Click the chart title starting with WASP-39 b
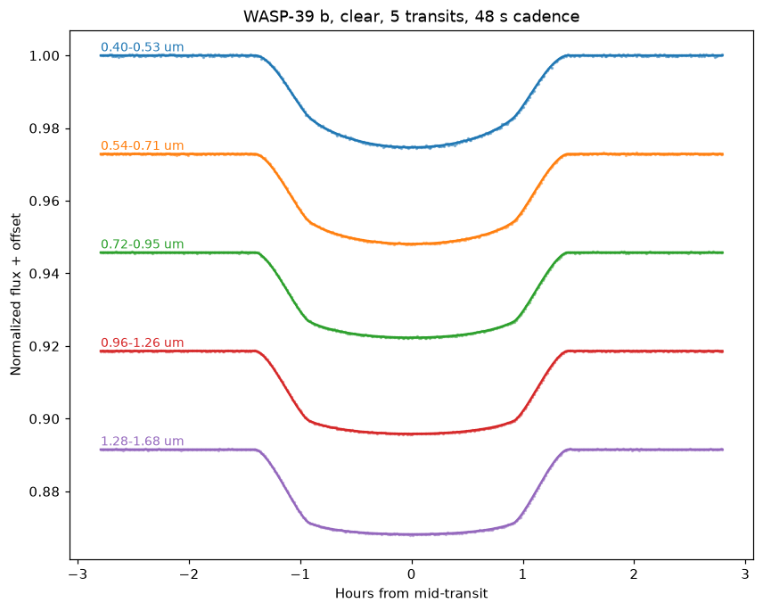(x=411, y=17)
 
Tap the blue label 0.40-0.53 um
(x=142, y=47)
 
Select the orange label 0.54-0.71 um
(x=142, y=145)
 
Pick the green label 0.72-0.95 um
(x=142, y=244)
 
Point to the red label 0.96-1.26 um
(x=142, y=343)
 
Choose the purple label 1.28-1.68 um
(x=142, y=442)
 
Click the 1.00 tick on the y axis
(x=45, y=56)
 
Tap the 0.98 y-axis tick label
(x=45, y=128)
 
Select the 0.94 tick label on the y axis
(x=45, y=274)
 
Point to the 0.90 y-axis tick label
(x=45, y=419)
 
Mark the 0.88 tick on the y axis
(x=45, y=491)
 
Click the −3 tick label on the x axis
(x=78, y=574)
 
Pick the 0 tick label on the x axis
(x=412, y=574)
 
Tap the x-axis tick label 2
(x=634, y=574)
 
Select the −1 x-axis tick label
(x=300, y=574)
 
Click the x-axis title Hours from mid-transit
(x=411, y=593)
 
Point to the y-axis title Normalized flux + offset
(x=15, y=294)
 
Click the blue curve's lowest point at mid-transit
(x=412, y=147)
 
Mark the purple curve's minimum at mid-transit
(x=412, y=534)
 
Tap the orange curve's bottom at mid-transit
(x=412, y=244)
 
